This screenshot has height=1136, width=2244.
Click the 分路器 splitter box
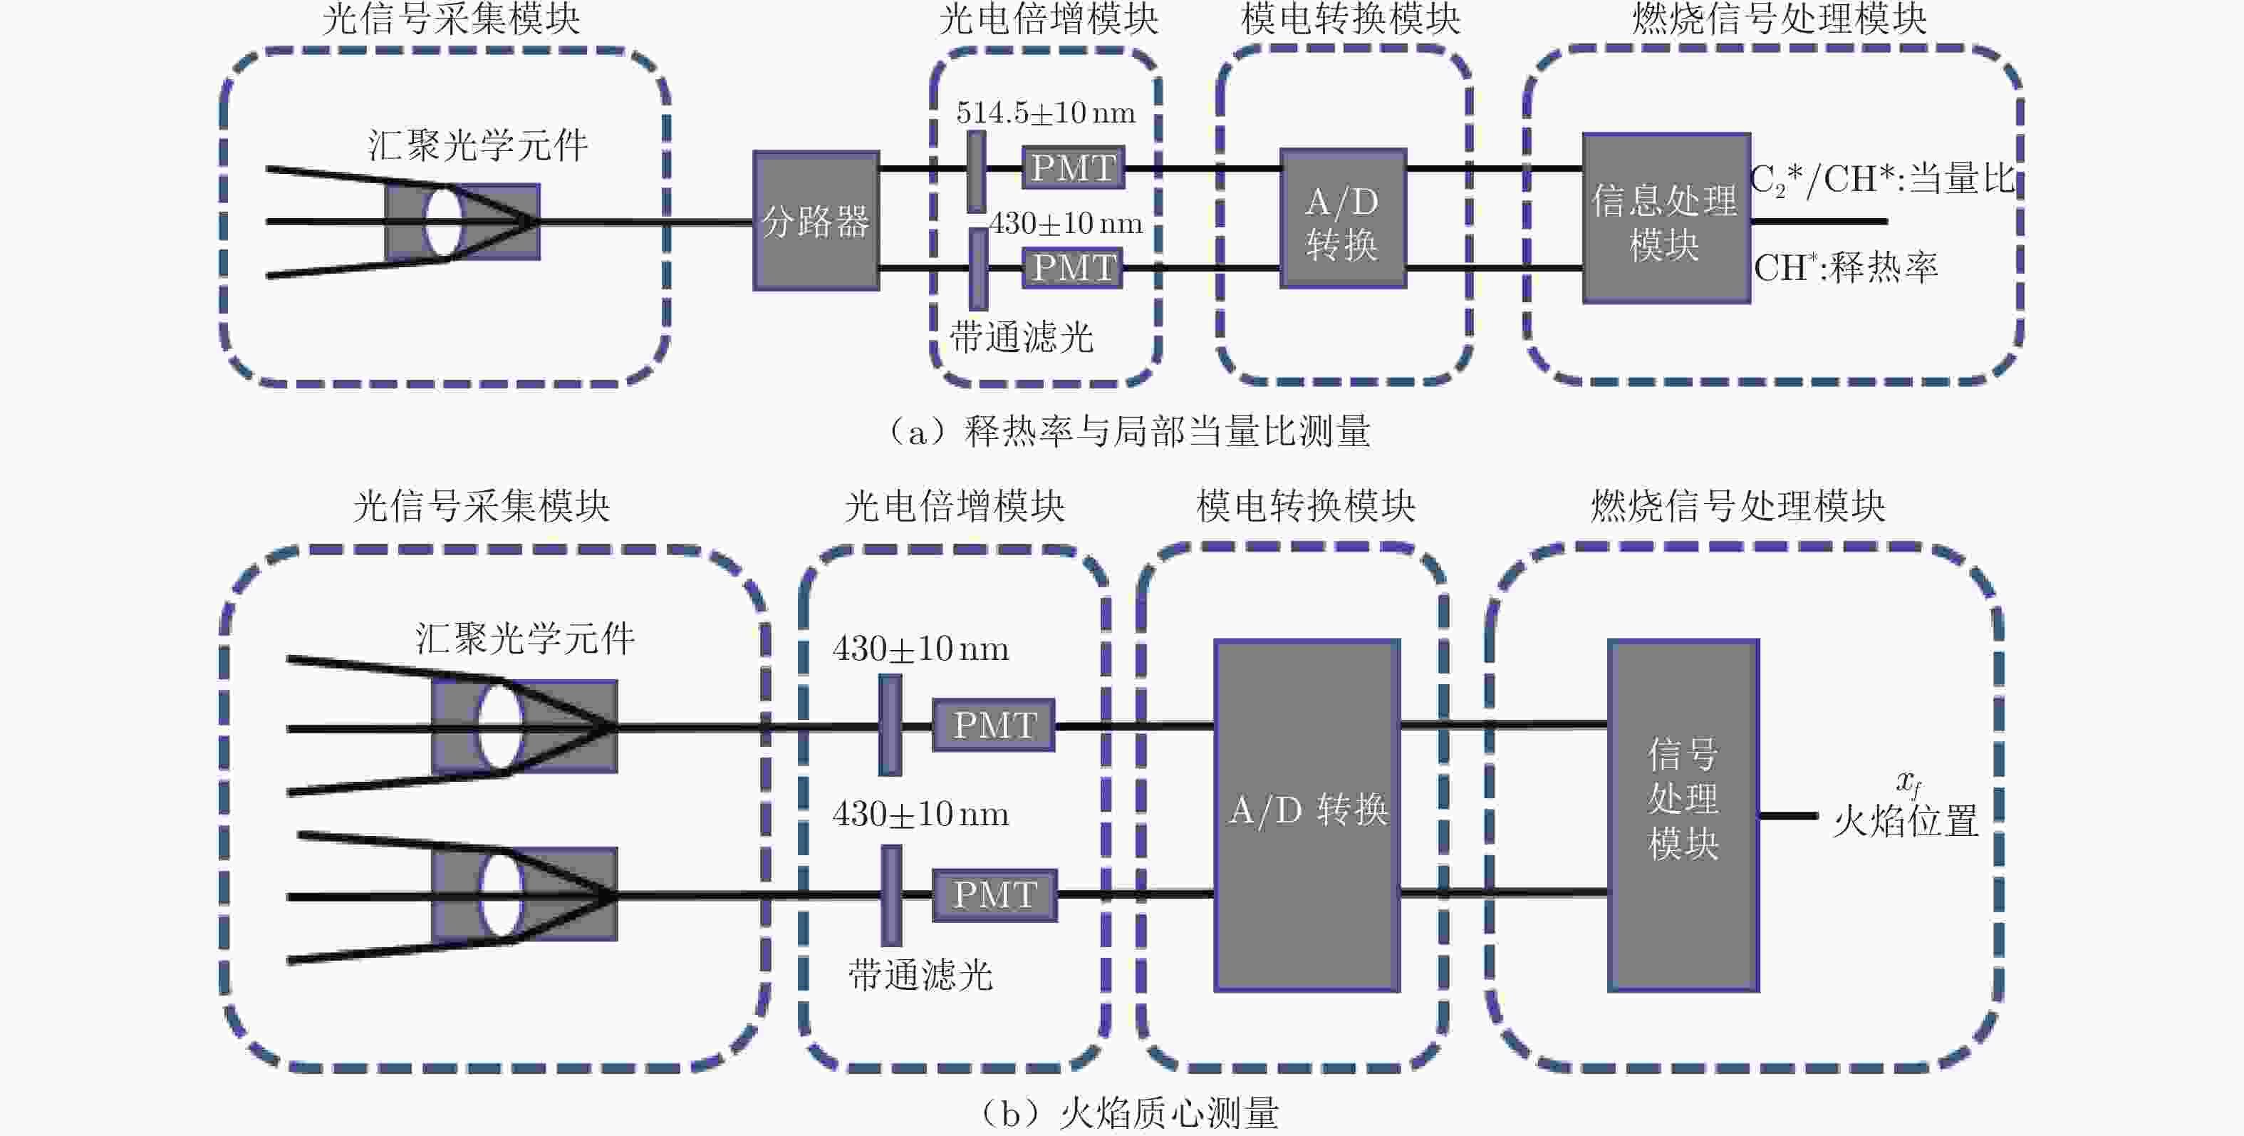click(816, 220)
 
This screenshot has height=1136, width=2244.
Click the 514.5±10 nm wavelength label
click(1045, 113)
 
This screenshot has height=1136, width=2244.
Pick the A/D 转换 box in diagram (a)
click(1342, 219)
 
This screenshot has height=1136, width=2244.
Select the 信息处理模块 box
click(1666, 219)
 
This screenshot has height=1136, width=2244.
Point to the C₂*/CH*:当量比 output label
click(1881, 180)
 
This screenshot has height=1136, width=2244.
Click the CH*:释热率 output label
click(1846, 267)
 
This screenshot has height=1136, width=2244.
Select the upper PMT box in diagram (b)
click(994, 725)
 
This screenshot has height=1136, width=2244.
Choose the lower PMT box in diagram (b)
click(994, 894)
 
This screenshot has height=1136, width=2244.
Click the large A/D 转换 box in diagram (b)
click(1307, 815)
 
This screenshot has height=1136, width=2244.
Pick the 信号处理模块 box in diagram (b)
click(1683, 815)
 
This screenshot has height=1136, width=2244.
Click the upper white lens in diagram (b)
click(500, 726)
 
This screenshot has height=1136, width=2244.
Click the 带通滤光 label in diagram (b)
click(920, 975)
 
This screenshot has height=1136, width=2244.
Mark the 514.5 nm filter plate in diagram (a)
click(977, 172)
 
